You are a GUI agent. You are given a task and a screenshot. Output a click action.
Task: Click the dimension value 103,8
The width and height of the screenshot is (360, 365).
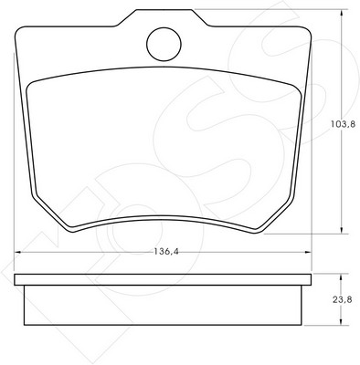343,124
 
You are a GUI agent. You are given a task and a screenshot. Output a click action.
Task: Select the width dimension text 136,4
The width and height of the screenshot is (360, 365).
166,252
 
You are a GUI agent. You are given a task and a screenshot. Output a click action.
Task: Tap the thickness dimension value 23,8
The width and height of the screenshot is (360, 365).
343,299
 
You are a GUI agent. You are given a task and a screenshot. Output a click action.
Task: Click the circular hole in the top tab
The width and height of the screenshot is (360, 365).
164,44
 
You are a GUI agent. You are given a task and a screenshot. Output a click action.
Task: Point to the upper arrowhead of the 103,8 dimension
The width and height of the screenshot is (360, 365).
342,14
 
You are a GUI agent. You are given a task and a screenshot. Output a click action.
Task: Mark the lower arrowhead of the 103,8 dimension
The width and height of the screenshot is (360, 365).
342,229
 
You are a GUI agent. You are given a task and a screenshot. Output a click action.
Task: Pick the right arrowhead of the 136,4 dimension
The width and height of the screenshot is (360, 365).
307,252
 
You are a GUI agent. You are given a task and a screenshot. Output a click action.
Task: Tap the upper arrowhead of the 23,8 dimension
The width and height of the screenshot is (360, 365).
341,278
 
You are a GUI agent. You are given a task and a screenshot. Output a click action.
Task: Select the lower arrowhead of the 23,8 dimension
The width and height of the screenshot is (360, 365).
341,320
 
